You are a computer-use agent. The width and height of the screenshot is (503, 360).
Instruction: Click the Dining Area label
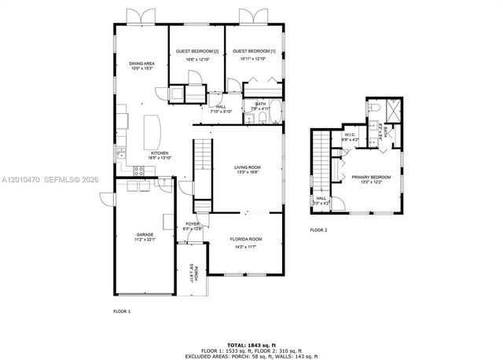click(x=141, y=64)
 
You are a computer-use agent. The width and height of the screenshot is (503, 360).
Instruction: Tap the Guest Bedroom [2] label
click(x=192, y=50)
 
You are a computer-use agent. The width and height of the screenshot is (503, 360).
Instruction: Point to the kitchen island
click(x=152, y=127)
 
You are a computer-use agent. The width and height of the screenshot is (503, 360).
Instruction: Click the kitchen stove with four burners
click(x=121, y=155)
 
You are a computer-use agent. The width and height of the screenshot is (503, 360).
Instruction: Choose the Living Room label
click(x=247, y=167)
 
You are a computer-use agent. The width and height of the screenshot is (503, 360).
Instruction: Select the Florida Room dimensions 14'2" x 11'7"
click(x=246, y=247)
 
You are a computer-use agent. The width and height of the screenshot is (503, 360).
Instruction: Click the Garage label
click(x=145, y=234)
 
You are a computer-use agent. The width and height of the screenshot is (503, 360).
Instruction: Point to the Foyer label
click(x=193, y=224)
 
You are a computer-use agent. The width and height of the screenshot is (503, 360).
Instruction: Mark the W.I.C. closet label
click(x=351, y=134)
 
